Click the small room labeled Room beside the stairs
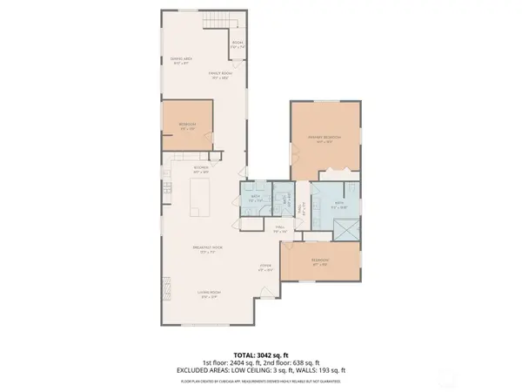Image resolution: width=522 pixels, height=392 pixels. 237,45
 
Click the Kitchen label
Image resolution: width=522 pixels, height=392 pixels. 201,167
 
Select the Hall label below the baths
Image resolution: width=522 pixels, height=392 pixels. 280,230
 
